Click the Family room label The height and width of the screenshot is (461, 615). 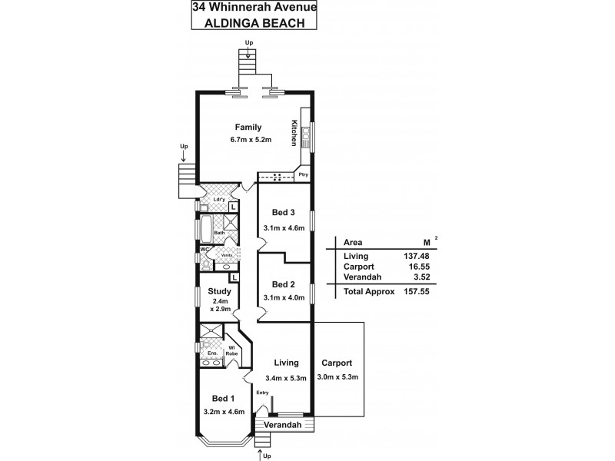(248, 128)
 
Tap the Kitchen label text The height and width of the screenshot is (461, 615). (294, 133)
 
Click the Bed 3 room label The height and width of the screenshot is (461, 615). (283, 212)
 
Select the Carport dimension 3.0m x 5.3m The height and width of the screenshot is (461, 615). (337, 376)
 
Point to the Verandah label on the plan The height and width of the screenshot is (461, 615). (282, 425)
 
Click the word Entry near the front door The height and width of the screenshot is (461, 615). (263, 393)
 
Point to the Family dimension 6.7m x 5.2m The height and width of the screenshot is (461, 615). (248, 140)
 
